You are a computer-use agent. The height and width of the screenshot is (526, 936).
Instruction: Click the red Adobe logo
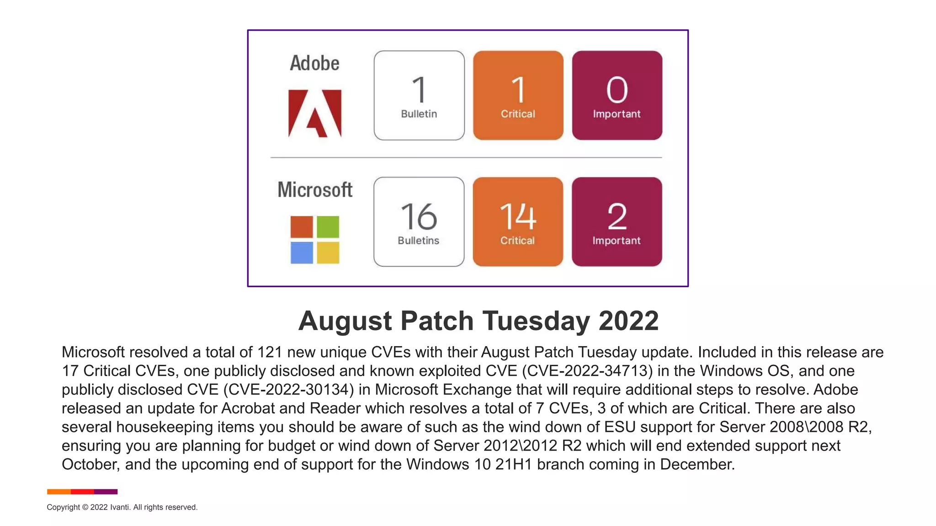coord(315,113)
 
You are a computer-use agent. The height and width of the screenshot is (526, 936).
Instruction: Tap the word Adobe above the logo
coord(314,63)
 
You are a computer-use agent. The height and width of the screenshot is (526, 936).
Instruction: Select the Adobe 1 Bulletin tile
coord(419,95)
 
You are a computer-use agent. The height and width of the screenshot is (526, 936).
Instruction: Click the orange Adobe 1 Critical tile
coord(518,95)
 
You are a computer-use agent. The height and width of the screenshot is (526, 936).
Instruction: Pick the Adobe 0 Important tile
coord(617,95)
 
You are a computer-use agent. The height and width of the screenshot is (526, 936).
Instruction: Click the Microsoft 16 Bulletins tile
coord(419,222)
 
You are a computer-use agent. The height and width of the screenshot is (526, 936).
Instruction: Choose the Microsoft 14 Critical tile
coord(518,222)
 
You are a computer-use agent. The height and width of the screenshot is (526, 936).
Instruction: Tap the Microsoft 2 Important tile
coord(617,222)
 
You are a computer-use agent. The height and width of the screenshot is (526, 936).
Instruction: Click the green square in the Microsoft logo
coord(328,227)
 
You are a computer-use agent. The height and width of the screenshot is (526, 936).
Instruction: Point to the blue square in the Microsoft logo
coord(302,252)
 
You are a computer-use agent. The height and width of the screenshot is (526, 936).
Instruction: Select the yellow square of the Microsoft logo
coord(328,252)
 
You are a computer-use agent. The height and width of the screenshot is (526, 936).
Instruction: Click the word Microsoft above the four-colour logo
coord(315,190)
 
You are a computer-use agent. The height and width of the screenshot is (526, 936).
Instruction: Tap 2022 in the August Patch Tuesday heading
coord(628,321)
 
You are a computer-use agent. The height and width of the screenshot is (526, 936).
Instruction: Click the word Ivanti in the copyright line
coord(120,507)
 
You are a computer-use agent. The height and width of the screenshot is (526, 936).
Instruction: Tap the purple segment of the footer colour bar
coord(106,492)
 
